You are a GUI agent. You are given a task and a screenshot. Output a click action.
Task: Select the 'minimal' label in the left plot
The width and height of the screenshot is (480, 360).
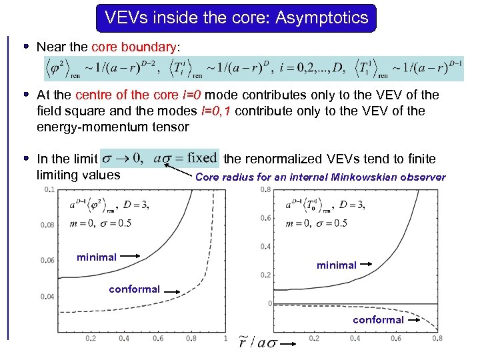[97, 257]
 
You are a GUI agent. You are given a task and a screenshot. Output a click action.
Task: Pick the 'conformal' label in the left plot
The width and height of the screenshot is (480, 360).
[134, 289]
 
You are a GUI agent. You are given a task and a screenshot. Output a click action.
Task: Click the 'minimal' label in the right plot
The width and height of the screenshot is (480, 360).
[337, 265]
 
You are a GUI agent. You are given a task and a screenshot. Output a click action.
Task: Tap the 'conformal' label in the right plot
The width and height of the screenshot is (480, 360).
[378, 319]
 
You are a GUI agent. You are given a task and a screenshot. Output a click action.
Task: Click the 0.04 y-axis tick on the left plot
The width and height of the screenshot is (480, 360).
[48, 296]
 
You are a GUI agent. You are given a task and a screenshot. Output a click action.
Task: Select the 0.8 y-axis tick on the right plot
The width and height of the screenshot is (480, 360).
[265, 189]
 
